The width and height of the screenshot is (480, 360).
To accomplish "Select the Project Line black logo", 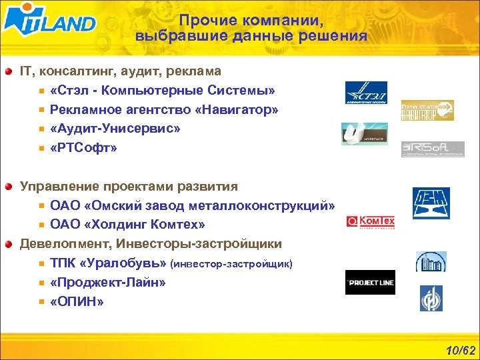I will pos(370,282).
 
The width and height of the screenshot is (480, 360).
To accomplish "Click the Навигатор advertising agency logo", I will pos(427,110).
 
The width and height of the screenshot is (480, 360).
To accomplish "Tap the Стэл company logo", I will pos(365,93).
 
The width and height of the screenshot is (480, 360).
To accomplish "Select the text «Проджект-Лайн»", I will pos(107,283).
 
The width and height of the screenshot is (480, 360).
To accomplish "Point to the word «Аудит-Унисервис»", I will pos(115,129).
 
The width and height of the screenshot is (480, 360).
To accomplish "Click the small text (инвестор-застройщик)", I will pos(231,264).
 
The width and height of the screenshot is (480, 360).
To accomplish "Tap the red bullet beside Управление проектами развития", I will pos(8,187).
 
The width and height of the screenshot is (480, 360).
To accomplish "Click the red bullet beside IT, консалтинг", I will pos(8,71).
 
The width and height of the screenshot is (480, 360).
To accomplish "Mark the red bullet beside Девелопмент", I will pos(8,244).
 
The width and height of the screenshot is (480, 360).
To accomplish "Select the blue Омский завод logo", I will pos(431,203).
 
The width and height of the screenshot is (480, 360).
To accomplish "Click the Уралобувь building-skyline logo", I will pos(431,261).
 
